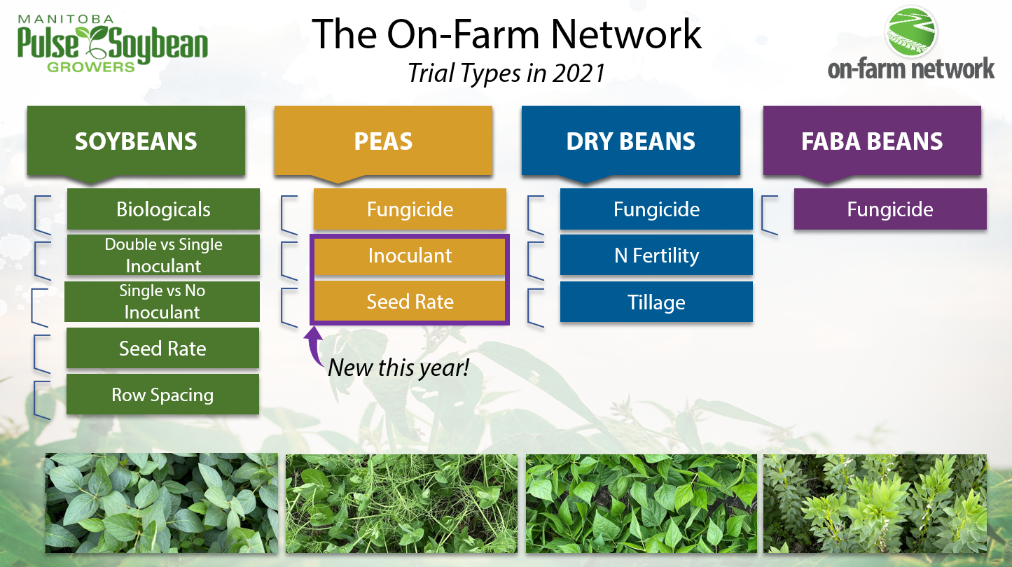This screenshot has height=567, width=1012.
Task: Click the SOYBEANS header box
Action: coord(136,141)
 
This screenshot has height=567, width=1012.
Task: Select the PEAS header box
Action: coord(383,141)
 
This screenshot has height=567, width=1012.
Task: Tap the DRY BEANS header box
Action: coord(631,141)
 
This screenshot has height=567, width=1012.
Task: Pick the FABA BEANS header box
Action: coord(872,141)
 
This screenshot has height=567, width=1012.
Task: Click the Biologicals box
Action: coord(163,209)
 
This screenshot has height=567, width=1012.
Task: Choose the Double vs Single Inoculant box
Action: coord(163,255)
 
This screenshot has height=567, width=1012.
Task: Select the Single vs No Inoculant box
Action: coord(162,302)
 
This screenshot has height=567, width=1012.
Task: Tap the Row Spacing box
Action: coord(162,394)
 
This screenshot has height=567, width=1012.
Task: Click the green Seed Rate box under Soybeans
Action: coord(162,348)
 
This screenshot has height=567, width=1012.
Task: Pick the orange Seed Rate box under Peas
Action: coord(410,301)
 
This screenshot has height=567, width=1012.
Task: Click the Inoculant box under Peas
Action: coord(410,256)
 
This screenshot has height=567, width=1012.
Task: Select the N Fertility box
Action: coord(656,255)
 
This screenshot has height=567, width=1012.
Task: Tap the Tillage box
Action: coord(656,302)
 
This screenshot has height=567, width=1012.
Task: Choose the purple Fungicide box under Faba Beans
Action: coord(890,209)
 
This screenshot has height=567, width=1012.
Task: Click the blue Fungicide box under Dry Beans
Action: coord(656,209)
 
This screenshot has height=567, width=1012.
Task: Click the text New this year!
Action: coord(398,367)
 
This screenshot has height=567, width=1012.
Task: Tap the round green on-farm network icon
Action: coord(910,31)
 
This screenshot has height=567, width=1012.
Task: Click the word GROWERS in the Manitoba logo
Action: coord(91,67)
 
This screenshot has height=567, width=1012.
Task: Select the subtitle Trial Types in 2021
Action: coord(506,73)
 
